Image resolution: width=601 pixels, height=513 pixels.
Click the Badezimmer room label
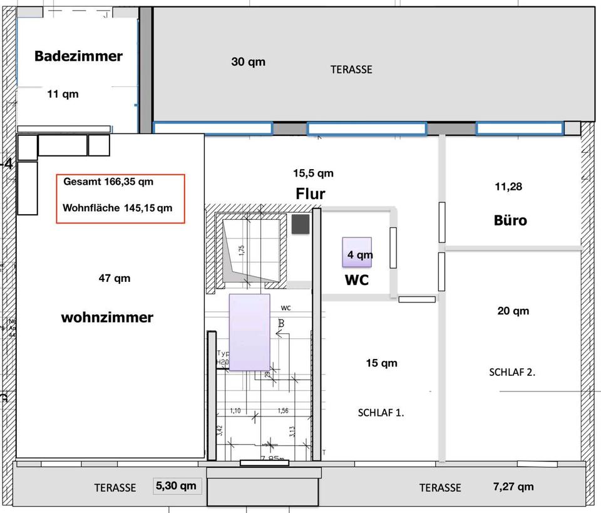[x=78, y=56]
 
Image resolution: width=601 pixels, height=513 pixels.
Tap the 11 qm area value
[x=63, y=94]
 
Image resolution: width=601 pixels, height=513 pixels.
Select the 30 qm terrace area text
[x=248, y=61]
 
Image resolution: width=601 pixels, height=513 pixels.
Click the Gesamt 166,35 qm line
[x=108, y=182]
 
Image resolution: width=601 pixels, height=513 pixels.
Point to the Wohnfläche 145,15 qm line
[x=118, y=208]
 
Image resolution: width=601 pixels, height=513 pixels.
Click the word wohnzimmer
[x=107, y=318]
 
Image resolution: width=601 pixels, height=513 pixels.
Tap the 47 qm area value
[x=115, y=278]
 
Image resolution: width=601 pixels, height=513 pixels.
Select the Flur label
[x=311, y=194]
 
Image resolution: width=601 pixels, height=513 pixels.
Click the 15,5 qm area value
[x=313, y=173]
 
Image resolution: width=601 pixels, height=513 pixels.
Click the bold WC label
[x=357, y=281]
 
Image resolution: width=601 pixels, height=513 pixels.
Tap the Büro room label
[x=510, y=220]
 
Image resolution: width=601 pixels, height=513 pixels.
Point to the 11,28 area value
[x=508, y=186]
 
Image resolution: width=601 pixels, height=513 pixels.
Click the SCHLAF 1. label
[x=381, y=413]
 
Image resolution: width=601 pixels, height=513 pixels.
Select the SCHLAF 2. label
[x=512, y=371]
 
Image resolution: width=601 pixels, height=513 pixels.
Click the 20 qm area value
[x=513, y=311]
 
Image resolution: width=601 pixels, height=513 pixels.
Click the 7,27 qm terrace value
[x=513, y=486]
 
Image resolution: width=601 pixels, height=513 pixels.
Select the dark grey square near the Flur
[x=300, y=224]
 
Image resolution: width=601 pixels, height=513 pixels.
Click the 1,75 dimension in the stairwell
[x=242, y=251]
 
